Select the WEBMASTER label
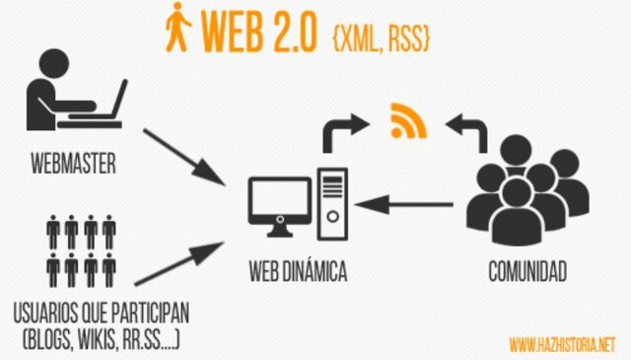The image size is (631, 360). [74, 163]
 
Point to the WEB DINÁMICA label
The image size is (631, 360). [298, 270]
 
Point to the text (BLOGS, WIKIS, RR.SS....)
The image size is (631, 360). [101, 340]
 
